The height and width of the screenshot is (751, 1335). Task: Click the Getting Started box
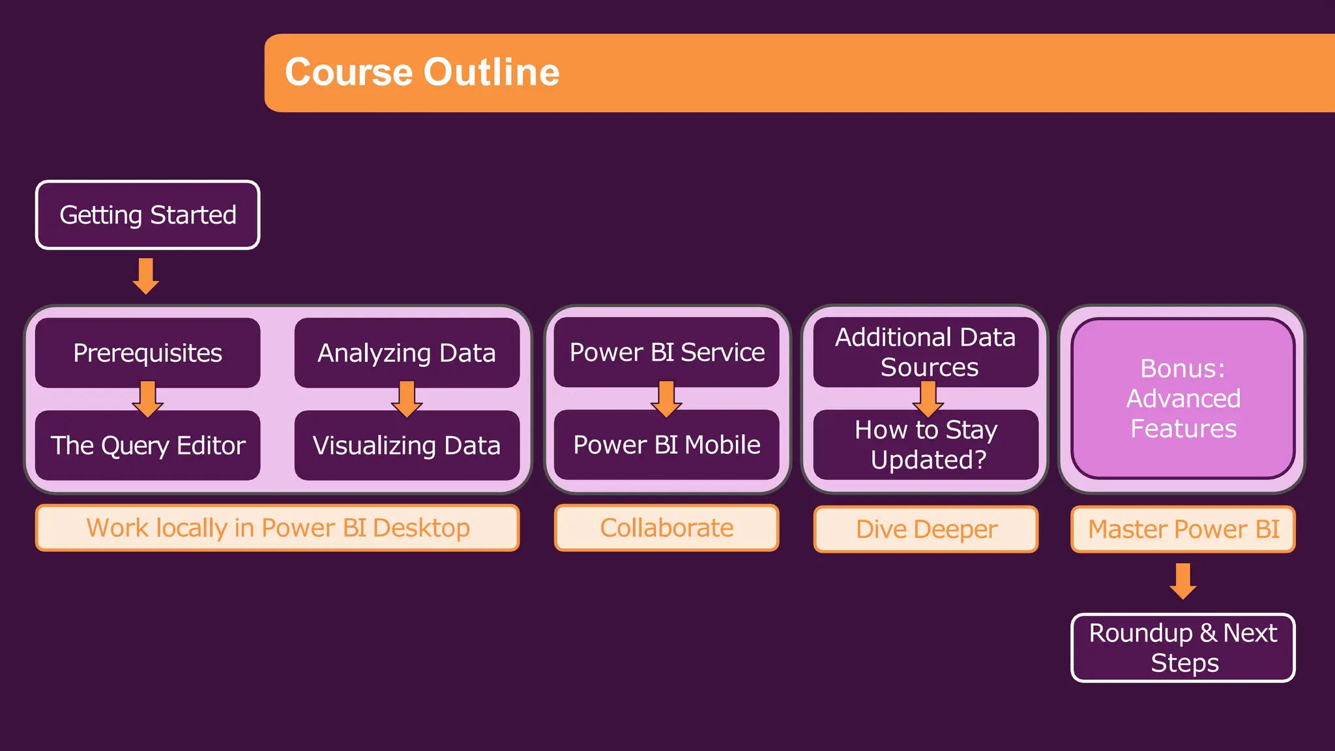pyautogui.click(x=148, y=215)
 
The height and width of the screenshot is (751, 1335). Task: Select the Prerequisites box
pyautogui.click(x=148, y=353)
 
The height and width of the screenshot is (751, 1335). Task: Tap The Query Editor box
pyautogui.click(x=148, y=445)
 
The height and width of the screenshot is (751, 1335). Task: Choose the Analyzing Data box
pyautogui.click(x=407, y=353)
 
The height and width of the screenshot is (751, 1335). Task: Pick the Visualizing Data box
pyautogui.click(x=407, y=445)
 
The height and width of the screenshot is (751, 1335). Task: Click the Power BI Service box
pyautogui.click(x=666, y=352)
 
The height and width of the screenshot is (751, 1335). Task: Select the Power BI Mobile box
pyautogui.click(x=666, y=445)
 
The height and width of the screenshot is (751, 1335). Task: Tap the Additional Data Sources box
pyautogui.click(x=926, y=352)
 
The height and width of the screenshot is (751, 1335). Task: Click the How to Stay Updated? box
pyautogui.click(x=926, y=445)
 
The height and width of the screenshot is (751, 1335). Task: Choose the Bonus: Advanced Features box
pyautogui.click(x=1183, y=398)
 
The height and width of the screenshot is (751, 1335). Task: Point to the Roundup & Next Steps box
pyautogui.click(x=1183, y=648)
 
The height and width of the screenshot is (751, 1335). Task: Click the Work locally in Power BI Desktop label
pyautogui.click(x=278, y=528)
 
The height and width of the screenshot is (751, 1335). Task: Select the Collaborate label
pyautogui.click(x=666, y=528)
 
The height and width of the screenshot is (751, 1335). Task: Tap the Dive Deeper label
pyautogui.click(x=926, y=529)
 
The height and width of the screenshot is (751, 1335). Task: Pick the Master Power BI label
pyautogui.click(x=1183, y=529)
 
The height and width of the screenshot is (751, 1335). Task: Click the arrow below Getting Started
pyautogui.click(x=146, y=276)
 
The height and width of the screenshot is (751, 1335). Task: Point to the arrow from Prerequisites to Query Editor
pyautogui.click(x=148, y=399)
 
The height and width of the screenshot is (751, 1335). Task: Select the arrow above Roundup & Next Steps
pyautogui.click(x=1183, y=581)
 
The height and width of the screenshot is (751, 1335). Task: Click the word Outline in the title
pyautogui.click(x=493, y=72)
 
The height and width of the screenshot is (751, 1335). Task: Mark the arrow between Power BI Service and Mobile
pyautogui.click(x=666, y=399)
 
